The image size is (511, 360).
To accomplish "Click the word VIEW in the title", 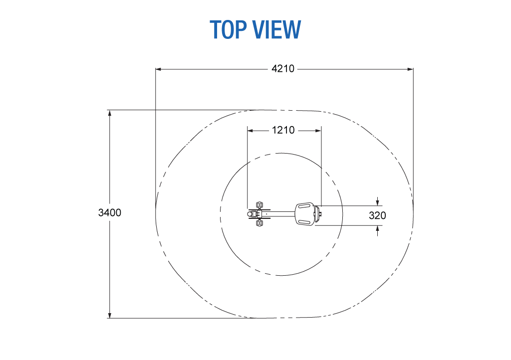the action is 277,29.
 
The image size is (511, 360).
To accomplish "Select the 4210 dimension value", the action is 283,69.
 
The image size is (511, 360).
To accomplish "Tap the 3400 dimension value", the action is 109,212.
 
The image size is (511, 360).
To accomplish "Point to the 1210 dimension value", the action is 283,130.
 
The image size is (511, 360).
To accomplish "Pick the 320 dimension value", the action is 377,215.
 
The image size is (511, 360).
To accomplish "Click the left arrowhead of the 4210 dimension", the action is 158,69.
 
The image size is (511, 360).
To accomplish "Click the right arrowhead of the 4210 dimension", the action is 410,69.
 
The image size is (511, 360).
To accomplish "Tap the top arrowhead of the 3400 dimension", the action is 109,113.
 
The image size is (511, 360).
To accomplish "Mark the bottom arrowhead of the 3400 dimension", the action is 109,315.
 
